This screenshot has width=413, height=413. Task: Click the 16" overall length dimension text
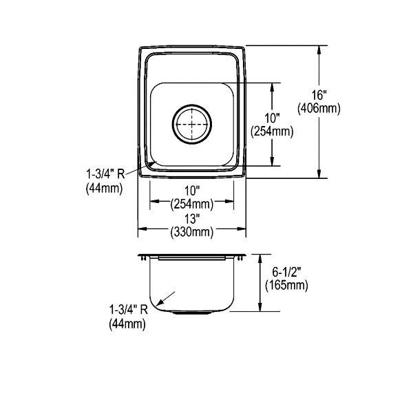tap(319, 95)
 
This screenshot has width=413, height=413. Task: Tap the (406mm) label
tap(319, 108)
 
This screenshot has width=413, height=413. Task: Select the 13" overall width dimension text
tap(192, 219)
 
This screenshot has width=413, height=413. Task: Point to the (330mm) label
tap(192, 232)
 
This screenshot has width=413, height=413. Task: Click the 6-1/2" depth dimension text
tap(286, 272)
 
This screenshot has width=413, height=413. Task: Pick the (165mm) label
tap(286, 285)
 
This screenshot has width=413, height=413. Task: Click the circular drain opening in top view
tap(192, 125)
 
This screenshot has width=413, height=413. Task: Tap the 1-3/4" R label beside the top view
tap(105, 174)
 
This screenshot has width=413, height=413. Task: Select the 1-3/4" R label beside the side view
tap(129, 310)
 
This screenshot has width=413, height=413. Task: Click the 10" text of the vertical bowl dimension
tap(272, 118)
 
